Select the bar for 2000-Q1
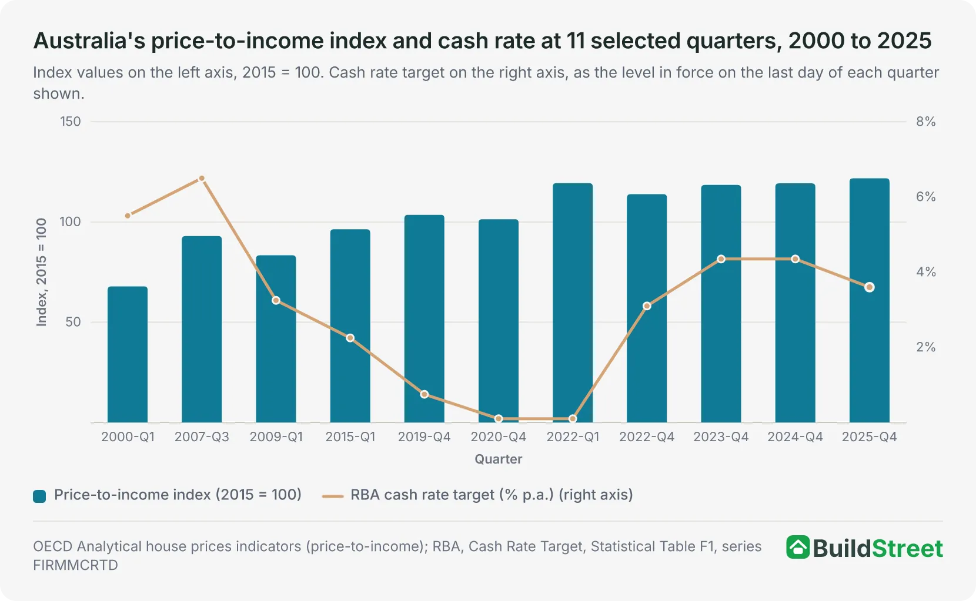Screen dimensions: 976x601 coord(128,354)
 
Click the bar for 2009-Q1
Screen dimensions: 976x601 coord(276,339)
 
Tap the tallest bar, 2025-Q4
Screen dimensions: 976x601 coord(869,301)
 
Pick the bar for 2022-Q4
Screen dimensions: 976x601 coord(647,308)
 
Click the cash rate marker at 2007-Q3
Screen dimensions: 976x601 coord(202,179)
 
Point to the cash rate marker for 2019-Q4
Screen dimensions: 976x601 coord(425,395)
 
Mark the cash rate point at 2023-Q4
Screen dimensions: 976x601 coord(721,259)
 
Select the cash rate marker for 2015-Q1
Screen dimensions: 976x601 coord(350,338)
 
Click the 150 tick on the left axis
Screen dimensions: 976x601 coord(70,122)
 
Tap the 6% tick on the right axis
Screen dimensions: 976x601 coord(926,196)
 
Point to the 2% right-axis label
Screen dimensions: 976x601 coord(926,347)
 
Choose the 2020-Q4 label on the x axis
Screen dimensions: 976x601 coord(499,437)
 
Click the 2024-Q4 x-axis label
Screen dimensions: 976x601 coord(795,437)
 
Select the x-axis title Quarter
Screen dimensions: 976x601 coord(499,459)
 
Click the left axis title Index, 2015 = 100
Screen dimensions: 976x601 coord(41,272)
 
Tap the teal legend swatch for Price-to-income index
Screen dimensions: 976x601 coord(39,496)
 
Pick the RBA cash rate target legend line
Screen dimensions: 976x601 coord(333,496)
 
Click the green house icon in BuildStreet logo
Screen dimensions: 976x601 coord(798,547)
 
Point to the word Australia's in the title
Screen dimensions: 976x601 coord(89,41)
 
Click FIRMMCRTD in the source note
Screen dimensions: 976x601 coord(75,565)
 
